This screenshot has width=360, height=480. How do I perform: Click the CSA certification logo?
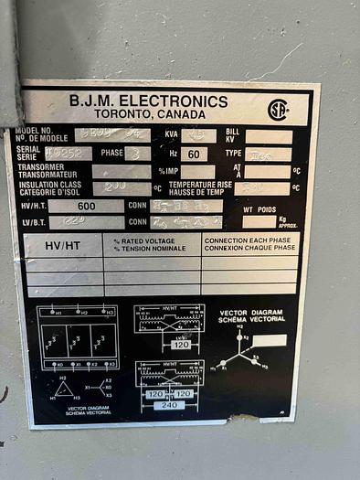pyautogui.click(x=278, y=110)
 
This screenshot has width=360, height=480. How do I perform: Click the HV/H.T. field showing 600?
pyautogui.click(x=87, y=206)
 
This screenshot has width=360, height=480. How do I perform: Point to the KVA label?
pyautogui.click(x=170, y=134)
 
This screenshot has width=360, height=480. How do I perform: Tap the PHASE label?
pyautogui.click(x=112, y=153)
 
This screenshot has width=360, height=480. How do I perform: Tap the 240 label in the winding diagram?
pyautogui.click(x=169, y=404)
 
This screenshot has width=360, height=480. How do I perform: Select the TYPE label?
pyautogui.click(x=234, y=154)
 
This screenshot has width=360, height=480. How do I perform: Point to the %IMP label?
pyautogui.click(x=167, y=171)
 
